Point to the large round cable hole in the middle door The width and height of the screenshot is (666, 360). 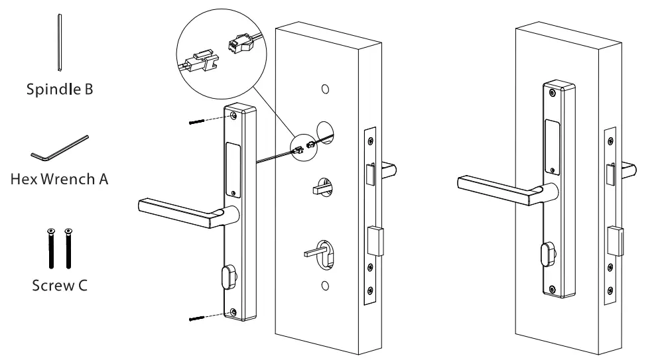(325, 132)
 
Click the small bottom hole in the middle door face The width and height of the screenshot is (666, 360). (324, 286)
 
